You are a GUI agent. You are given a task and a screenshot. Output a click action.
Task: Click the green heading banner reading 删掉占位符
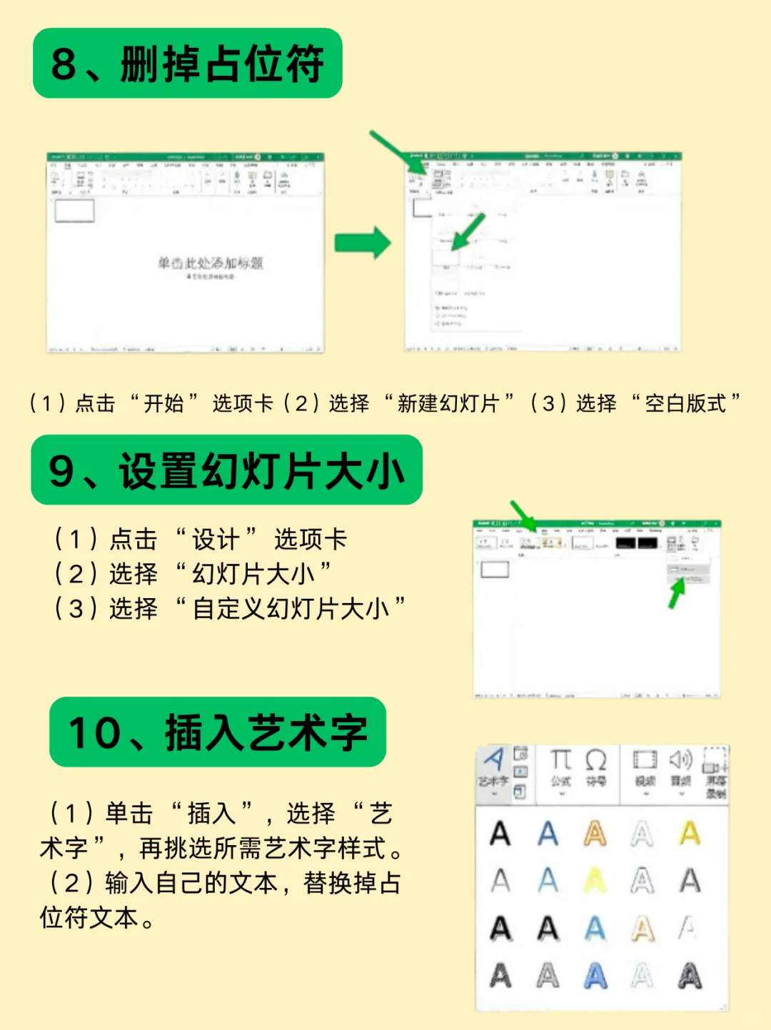click(x=187, y=64)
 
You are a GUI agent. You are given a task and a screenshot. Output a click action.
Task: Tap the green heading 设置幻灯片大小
click(x=226, y=471)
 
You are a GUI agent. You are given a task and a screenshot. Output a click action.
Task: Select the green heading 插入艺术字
click(x=218, y=732)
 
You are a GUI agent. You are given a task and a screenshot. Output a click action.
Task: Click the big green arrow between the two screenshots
click(x=363, y=243)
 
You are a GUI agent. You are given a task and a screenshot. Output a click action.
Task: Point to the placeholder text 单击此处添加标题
click(x=210, y=263)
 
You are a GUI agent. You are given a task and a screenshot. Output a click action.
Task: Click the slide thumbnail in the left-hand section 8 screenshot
click(x=74, y=211)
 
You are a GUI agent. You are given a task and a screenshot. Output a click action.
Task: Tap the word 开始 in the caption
click(x=163, y=404)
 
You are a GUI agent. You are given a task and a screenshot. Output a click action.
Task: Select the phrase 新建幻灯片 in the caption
click(x=448, y=404)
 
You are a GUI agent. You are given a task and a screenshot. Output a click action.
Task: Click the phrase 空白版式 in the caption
click(x=685, y=404)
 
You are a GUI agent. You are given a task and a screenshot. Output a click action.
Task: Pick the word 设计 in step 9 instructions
click(x=215, y=540)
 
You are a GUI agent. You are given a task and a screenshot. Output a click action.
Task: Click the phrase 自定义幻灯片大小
click(x=291, y=609)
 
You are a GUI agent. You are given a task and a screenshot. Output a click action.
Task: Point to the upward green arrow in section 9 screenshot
click(x=675, y=592)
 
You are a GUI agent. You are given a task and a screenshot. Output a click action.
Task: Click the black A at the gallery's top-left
click(x=500, y=834)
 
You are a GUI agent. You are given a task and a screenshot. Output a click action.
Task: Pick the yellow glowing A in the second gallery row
click(x=595, y=881)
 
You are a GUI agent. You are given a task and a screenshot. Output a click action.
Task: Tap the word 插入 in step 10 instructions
click(x=211, y=814)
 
